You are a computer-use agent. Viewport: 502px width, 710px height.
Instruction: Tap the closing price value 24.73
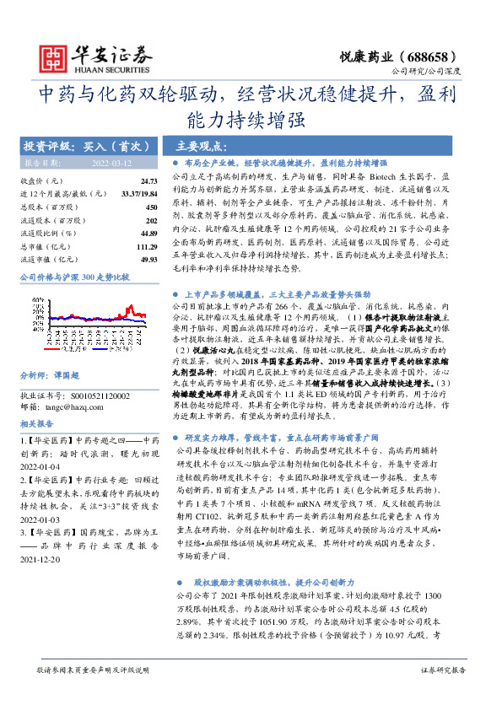click(x=148, y=181)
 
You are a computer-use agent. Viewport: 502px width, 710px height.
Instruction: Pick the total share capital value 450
click(x=152, y=207)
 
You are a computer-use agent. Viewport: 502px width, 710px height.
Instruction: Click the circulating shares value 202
click(x=152, y=220)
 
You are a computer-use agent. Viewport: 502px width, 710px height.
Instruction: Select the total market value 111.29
click(x=147, y=246)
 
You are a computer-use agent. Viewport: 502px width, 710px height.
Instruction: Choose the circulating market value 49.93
click(x=148, y=260)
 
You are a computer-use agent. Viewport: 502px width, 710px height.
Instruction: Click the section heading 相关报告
click(x=36, y=423)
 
